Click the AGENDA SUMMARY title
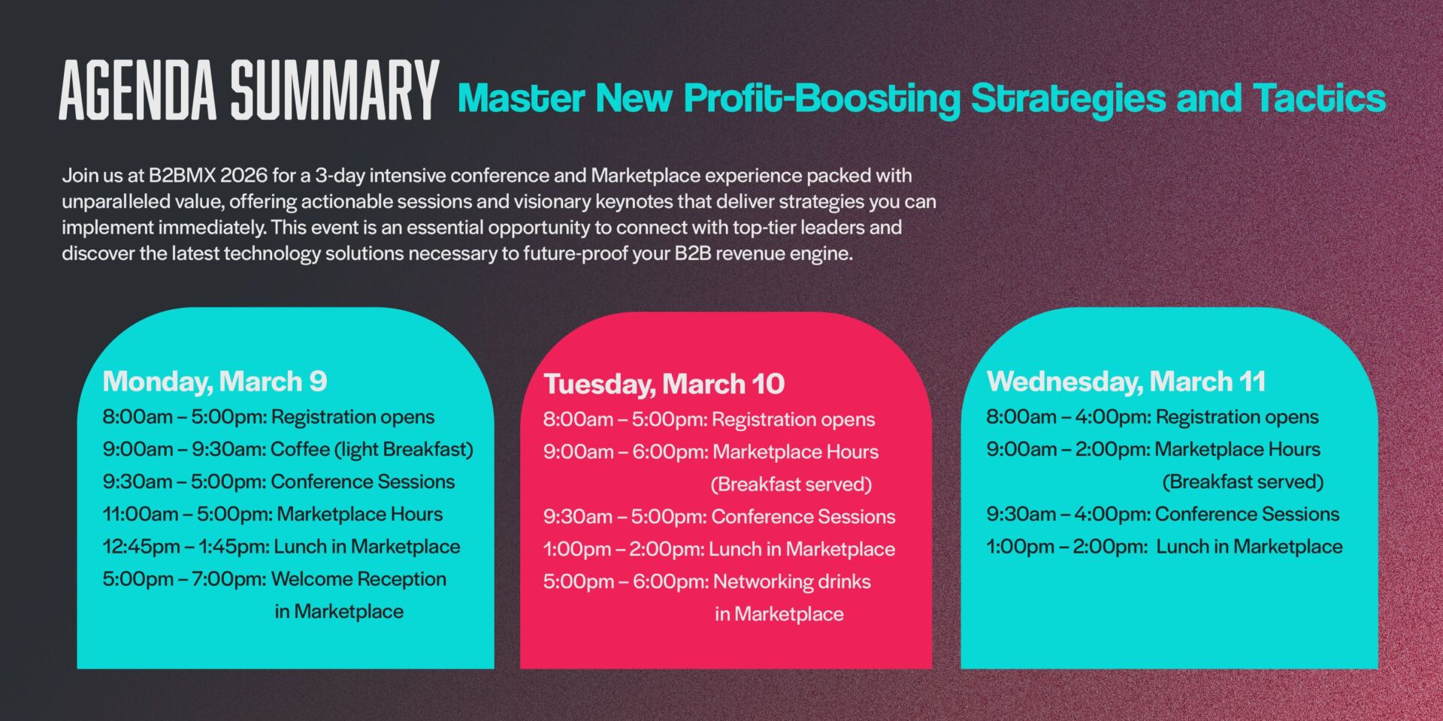[249, 90]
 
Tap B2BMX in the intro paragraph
[182, 175]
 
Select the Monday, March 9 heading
[215, 382]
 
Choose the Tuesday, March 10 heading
[664, 384]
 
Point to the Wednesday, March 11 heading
[1126, 382]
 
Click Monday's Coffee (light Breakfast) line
[288, 449]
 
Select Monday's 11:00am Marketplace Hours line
[273, 514]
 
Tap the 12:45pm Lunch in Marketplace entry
[281, 546]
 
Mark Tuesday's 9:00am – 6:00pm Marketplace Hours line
[711, 451]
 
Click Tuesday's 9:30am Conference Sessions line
[719, 517]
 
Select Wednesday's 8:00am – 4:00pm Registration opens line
[1152, 417]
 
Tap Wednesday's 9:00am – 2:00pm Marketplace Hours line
[1153, 449]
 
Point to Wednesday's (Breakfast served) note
[1242, 481]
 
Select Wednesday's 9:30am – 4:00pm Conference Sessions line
[1163, 514]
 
